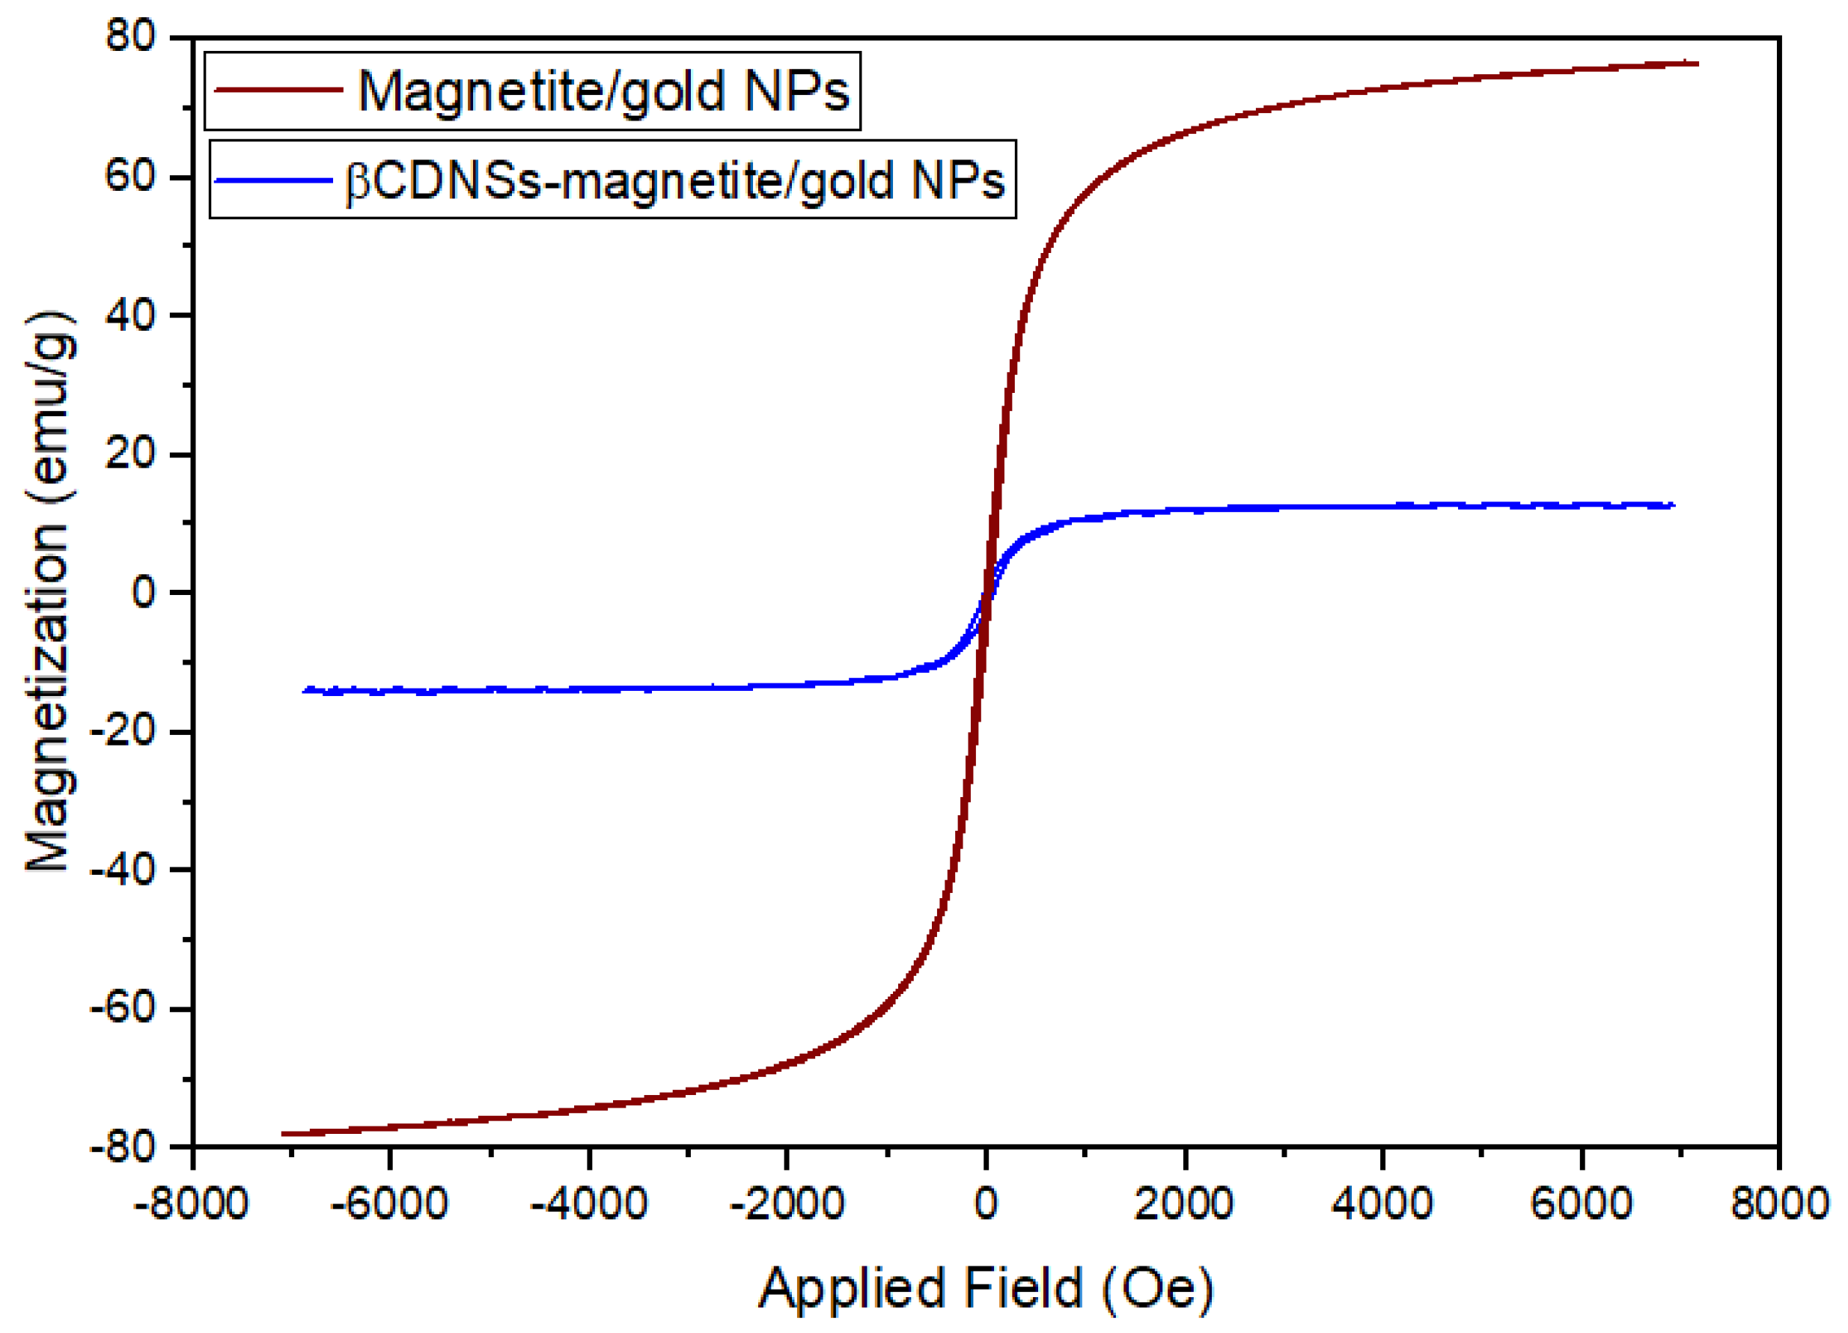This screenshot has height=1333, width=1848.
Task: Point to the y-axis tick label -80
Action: (x=121, y=1147)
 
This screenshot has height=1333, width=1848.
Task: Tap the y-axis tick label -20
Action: (x=121, y=731)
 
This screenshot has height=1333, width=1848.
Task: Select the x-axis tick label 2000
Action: (x=1183, y=1204)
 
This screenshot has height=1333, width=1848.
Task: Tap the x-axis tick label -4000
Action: (x=588, y=1204)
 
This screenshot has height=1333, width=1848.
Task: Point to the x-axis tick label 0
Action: (x=985, y=1204)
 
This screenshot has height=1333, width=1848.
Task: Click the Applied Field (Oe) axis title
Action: (x=986, y=1289)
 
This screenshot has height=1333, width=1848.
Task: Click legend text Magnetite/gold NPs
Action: (x=603, y=91)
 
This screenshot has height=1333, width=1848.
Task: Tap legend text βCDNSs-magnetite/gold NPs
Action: (x=674, y=181)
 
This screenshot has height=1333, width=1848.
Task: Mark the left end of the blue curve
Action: (x=304, y=691)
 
